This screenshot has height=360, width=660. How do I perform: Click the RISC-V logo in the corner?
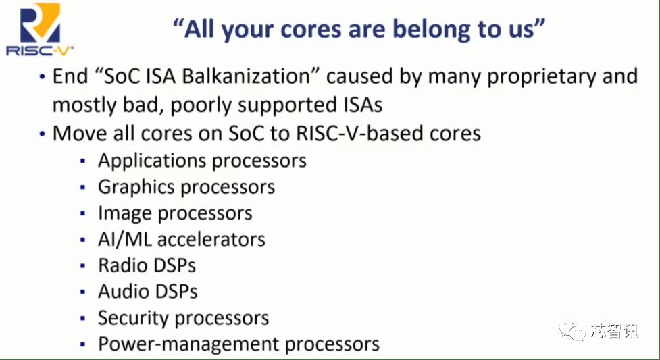point(40,29)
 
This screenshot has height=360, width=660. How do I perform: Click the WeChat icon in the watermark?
point(572,330)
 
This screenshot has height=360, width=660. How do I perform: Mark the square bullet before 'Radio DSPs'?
point(83,266)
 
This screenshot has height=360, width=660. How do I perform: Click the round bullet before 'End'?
point(42,77)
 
